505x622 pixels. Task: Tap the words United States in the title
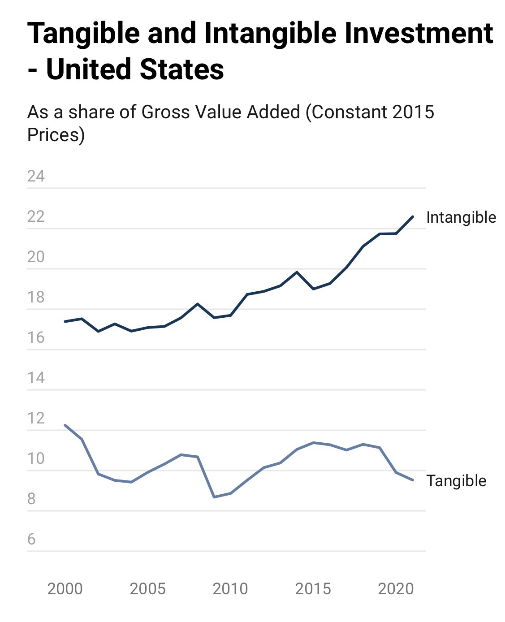pyautogui.click(x=135, y=69)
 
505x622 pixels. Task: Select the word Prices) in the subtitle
pyautogui.click(x=56, y=134)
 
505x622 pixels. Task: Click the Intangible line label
pyautogui.click(x=461, y=217)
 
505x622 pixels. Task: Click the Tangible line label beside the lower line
pyautogui.click(x=456, y=480)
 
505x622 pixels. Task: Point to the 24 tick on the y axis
pyautogui.click(x=36, y=176)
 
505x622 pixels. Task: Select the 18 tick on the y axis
pyautogui.click(x=36, y=297)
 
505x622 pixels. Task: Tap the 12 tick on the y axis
pyautogui.click(x=36, y=418)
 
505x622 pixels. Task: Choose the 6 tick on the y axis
pyautogui.click(x=31, y=539)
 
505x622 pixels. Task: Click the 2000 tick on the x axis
pyautogui.click(x=65, y=588)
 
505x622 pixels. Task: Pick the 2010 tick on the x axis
pyautogui.click(x=230, y=588)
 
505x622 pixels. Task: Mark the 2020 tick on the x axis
pyautogui.click(x=396, y=588)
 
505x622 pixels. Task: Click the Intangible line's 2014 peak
pyautogui.click(x=297, y=272)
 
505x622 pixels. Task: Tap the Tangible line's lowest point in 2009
pyautogui.click(x=214, y=497)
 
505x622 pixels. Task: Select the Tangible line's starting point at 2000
pyautogui.click(x=65, y=425)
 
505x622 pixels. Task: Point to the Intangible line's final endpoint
pyautogui.click(x=413, y=216)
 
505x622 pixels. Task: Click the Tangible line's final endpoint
pyautogui.click(x=413, y=480)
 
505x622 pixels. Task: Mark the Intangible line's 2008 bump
pyautogui.click(x=198, y=304)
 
